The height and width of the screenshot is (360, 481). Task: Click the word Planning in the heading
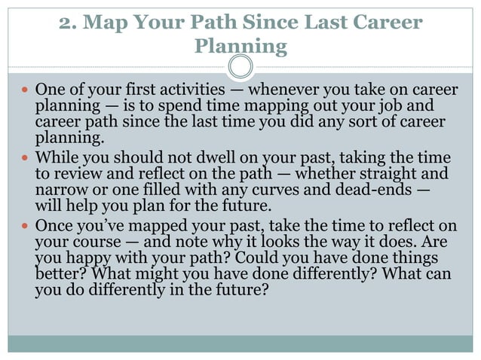click(x=240, y=47)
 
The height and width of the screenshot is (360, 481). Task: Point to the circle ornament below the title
click(x=240, y=67)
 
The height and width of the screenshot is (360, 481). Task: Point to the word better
click(x=60, y=273)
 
